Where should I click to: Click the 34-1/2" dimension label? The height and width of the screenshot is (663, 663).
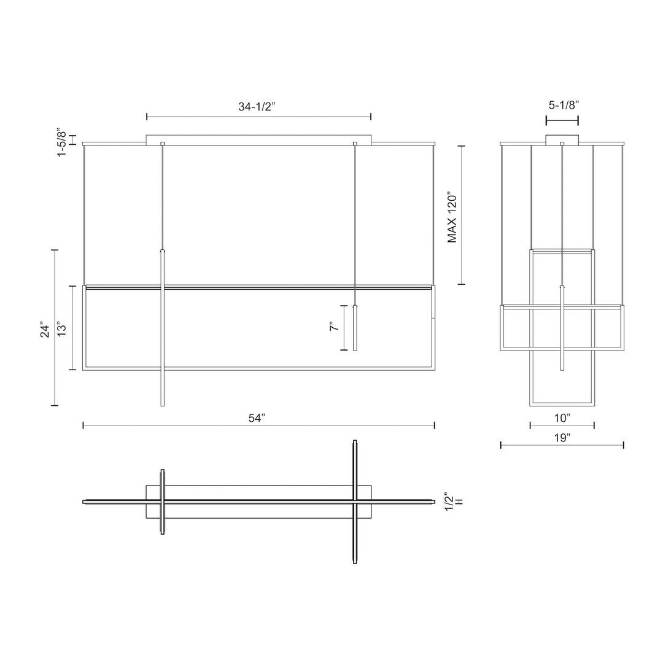coord(257,106)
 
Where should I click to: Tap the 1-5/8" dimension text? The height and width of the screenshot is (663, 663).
coord(62,142)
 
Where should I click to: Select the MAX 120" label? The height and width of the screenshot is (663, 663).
coord(452,218)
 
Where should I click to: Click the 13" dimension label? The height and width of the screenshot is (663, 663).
coord(62,328)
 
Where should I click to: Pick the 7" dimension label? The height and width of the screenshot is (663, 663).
coord(334,327)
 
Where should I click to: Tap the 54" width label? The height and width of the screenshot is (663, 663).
coord(257,418)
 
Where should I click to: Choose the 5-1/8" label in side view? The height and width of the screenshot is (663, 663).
coord(564,105)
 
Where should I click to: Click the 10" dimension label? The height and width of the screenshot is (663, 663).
coord(562,418)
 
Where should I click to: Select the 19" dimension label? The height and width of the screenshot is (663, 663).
coord(562,438)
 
